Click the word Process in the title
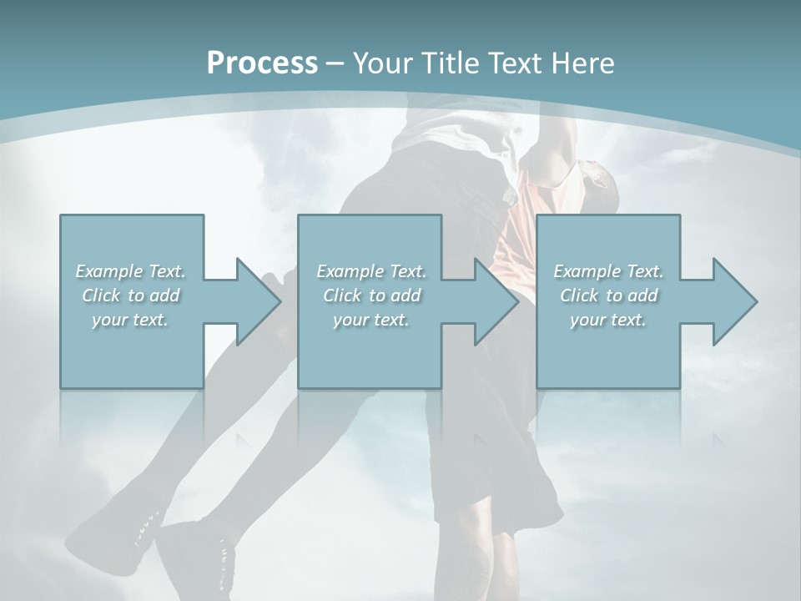pyautogui.click(x=262, y=63)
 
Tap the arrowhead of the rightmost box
pyautogui.click(x=733, y=301)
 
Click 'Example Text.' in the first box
pyautogui.click(x=131, y=271)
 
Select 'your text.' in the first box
pyautogui.click(x=131, y=320)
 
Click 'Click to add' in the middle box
pyautogui.click(x=371, y=295)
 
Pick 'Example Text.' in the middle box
pyautogui.click(x=371, y=271)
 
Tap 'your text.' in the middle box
pyautogui.click(x=371, y=320)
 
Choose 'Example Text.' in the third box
pyautogui.click(x=608, y=271)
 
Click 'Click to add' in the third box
pyautogui.click(x=608, y=295)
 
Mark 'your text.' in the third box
pyautogui.click(x=608, y=320)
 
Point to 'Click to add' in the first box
pyautogui.click(x=131, y=295)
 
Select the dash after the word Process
pyautogui.click(x=335, y=63)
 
